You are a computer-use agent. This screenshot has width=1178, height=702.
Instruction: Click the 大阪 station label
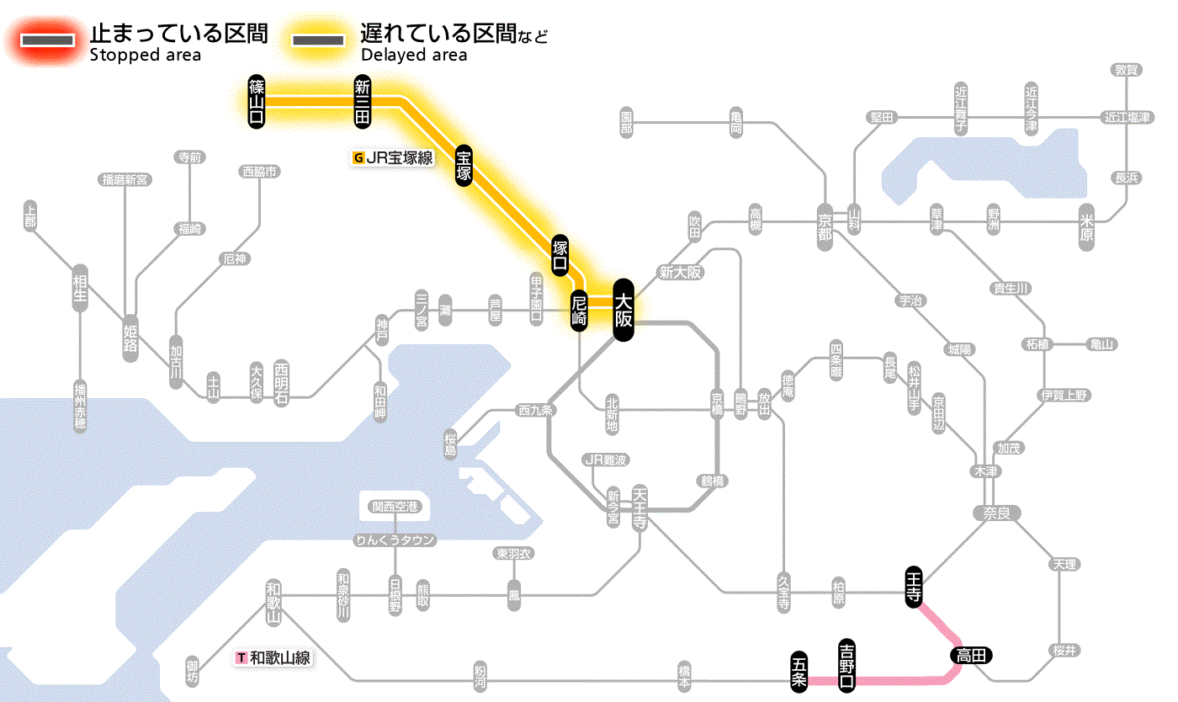(x=623, y=310)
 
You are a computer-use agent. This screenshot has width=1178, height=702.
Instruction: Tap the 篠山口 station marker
(x=257, y=102)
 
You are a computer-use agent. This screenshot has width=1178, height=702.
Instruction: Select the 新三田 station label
(x=362, y=102)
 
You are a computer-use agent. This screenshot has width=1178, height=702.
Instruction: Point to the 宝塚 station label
(x=464, y=165)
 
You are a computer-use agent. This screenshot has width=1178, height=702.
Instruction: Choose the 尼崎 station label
(x=578, y=311)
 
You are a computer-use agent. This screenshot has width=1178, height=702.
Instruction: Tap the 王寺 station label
(x=915, y=586)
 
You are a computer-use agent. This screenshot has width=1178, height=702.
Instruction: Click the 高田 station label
(x=972, y=655)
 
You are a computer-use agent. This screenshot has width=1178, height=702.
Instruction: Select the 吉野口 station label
(x=846, y=666)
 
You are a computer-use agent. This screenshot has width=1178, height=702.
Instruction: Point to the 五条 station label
(x=799, y=672)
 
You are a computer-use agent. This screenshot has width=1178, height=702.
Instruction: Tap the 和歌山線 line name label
(x=274, y=658)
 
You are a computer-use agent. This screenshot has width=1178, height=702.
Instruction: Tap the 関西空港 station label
(x=395, y=507)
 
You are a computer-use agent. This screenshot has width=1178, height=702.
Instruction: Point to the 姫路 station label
(x=130, y=338)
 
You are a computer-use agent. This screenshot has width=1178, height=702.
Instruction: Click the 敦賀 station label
(x=1127, y=70)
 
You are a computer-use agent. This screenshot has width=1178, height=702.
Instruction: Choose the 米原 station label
(x=1087, y=227)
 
